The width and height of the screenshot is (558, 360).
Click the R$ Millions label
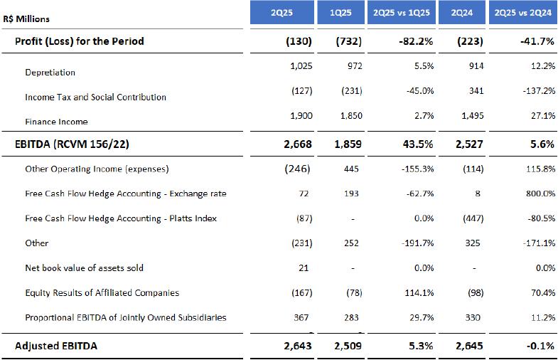[x=26, y=19]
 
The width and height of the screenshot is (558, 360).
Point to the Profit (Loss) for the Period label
[x=80, y=41]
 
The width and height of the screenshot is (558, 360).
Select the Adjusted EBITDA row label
[x=56, y=346]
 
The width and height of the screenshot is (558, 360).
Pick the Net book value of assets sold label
[x=84, y=268]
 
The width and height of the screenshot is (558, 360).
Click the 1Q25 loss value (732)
[x=348, y=41]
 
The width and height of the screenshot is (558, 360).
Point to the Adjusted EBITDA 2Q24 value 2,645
[x=468, y=346]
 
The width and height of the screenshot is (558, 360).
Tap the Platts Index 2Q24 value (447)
[x=471, y=218]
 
